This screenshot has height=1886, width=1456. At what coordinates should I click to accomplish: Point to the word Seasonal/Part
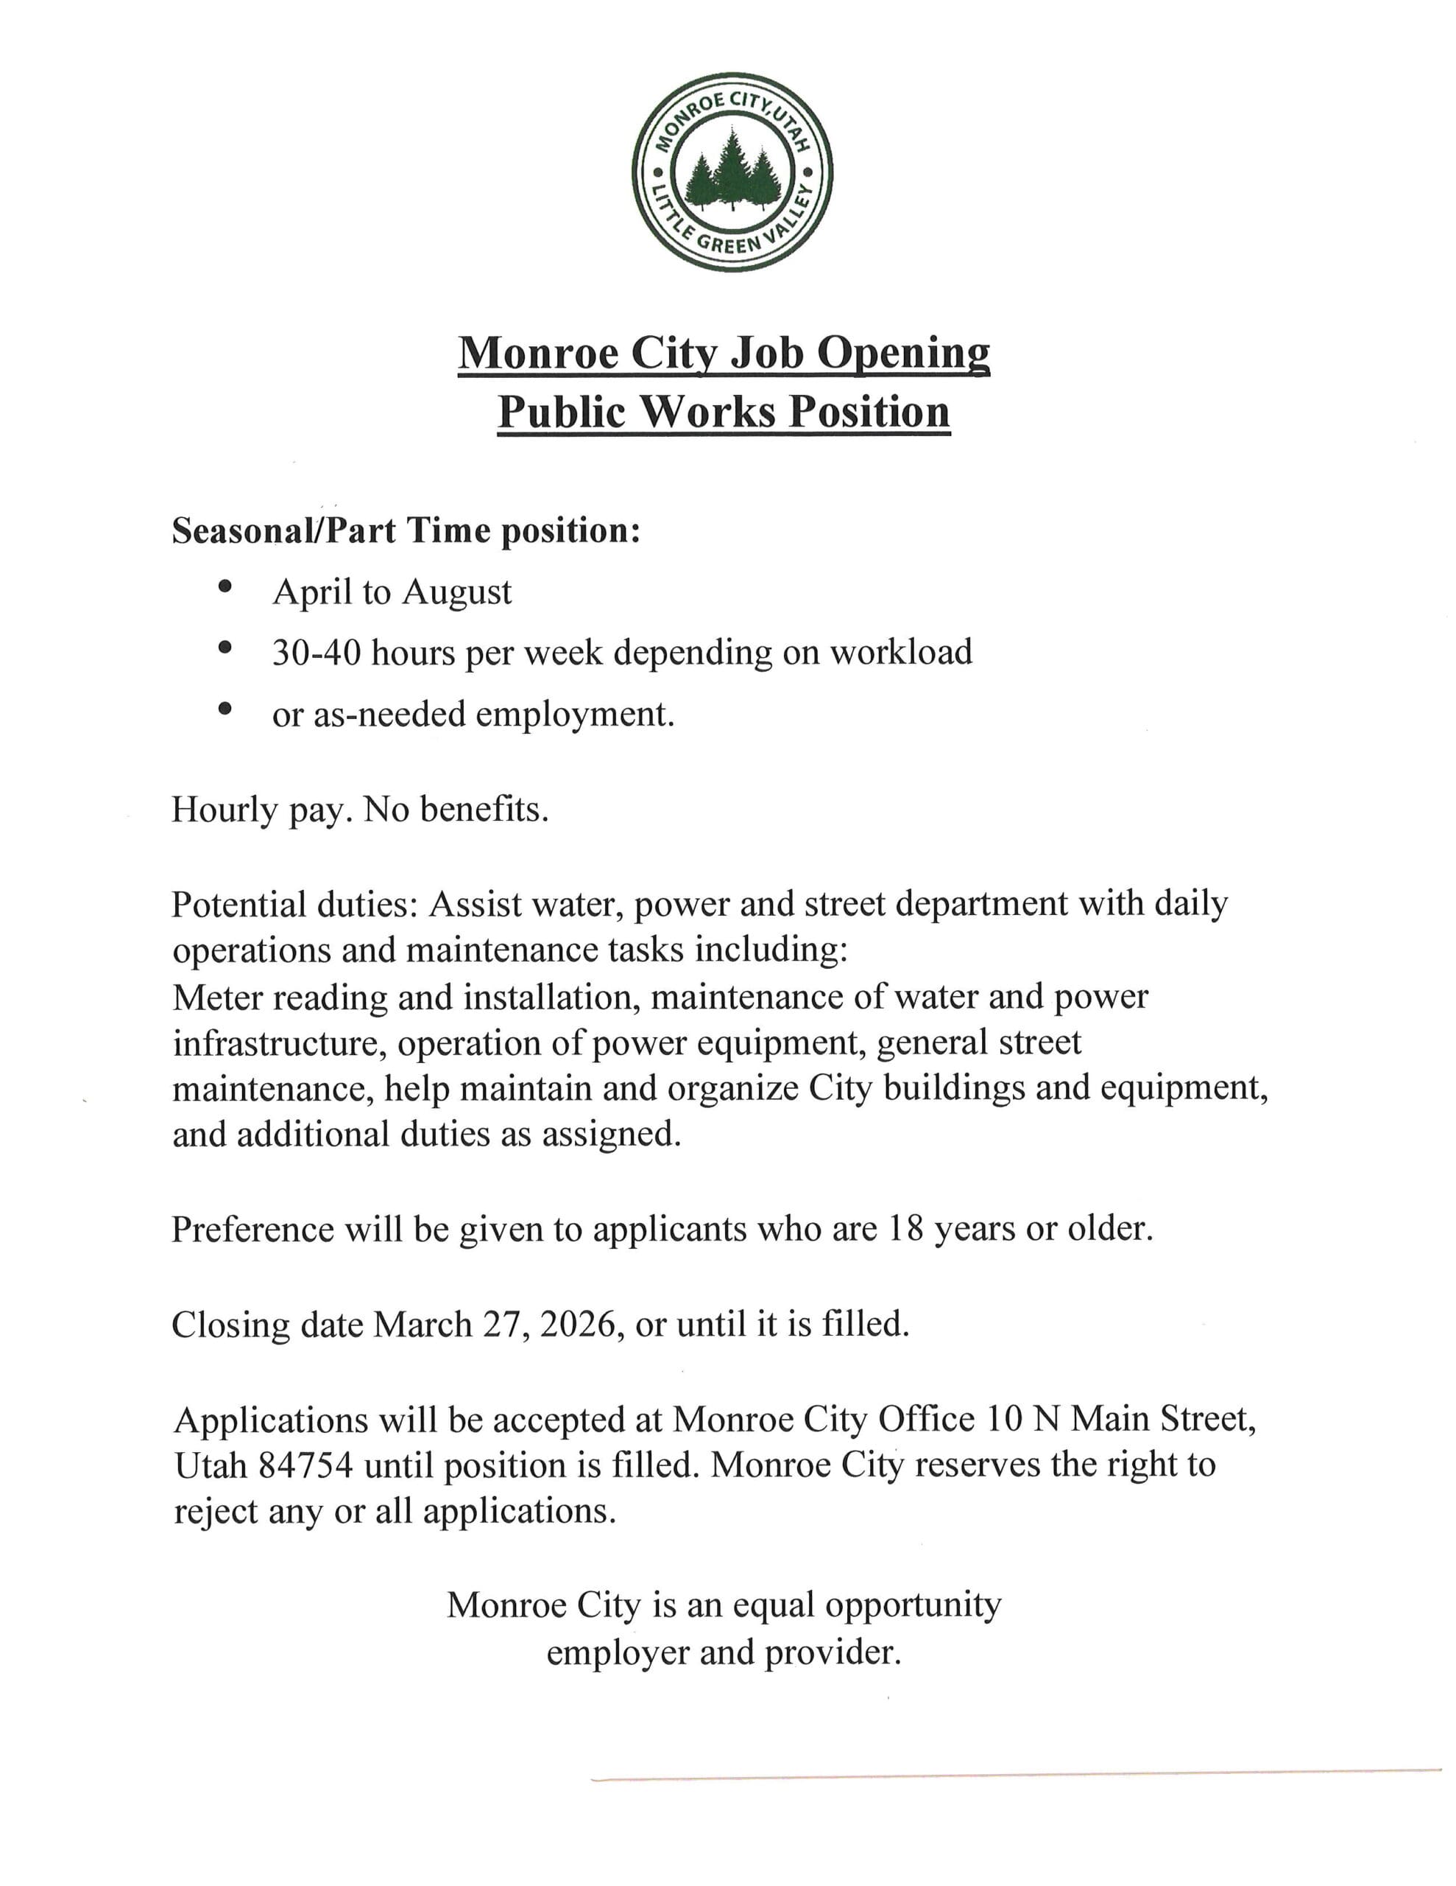click(284, 530)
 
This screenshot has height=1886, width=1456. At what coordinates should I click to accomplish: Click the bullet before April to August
click(226, 586)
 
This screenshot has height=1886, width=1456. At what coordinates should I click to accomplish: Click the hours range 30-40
click(315, 653)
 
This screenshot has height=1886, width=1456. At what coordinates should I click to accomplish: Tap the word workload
click(901, 652)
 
